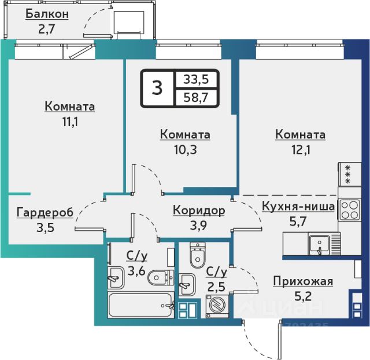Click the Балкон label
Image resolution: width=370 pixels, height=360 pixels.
47,14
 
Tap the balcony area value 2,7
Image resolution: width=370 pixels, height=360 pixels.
46,29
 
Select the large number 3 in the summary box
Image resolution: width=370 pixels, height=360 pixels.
157,87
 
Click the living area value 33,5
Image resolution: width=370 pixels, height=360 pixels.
196,79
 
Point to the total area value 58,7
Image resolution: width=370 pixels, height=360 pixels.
196,97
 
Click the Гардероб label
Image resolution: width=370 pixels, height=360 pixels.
45,213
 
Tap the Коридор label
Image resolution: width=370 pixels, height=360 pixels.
199,211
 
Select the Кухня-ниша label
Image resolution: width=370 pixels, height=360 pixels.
298,206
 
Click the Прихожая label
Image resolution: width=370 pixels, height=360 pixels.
303,281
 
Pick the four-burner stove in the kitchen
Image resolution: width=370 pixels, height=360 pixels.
349,210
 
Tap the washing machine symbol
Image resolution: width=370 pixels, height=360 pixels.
217,306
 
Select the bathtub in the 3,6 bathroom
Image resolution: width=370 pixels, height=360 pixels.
141,304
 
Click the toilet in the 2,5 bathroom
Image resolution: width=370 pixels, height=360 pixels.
198,255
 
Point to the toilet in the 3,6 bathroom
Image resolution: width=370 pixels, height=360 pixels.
161,278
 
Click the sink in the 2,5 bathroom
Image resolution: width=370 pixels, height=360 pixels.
187,285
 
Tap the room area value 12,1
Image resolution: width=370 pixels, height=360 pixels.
301,149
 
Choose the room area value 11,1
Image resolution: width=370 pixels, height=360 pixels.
70,122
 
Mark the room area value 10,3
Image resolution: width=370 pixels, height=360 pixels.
185,149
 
